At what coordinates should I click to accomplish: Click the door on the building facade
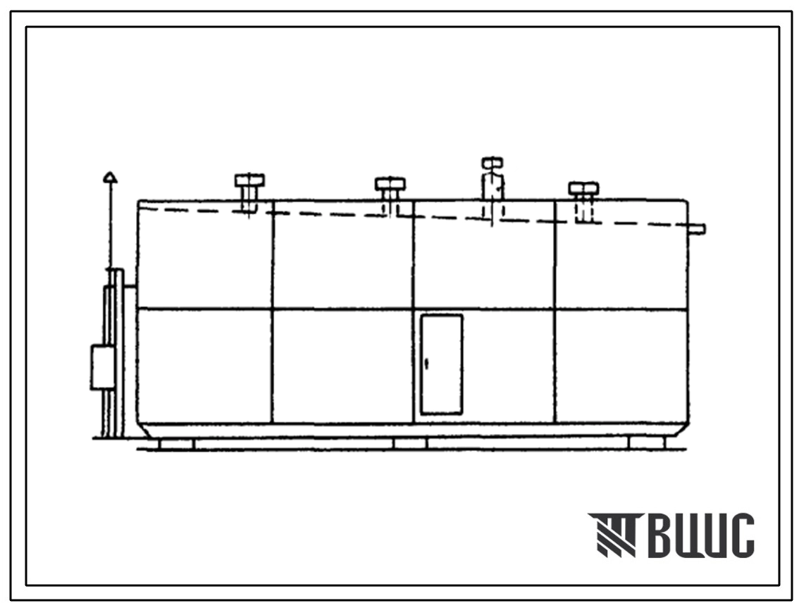point(442,364)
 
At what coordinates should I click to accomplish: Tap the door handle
point(426,364)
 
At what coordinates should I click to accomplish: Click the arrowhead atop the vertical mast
point(110,177)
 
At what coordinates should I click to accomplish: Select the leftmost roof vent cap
point(249,180)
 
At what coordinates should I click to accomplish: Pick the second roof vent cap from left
point(390,183)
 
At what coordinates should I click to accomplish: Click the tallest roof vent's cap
point(493,163)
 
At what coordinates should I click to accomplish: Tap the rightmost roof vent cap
point(583,188)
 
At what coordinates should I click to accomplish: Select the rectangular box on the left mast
point(103,368)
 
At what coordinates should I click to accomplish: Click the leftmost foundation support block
point(176,444)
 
